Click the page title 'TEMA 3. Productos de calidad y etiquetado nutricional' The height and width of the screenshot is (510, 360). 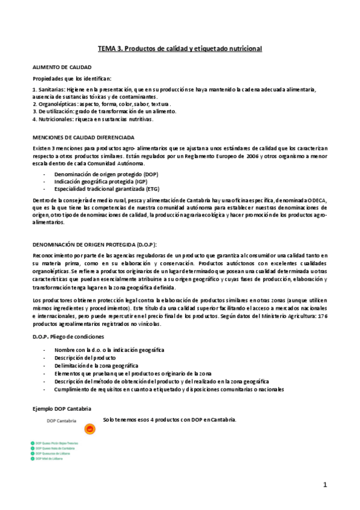pos(180,48)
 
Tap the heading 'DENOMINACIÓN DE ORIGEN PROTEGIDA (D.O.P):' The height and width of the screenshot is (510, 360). pos(94,244)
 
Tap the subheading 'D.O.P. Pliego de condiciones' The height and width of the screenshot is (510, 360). pos(68,336)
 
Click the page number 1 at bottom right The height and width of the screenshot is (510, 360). pos(325,484)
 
